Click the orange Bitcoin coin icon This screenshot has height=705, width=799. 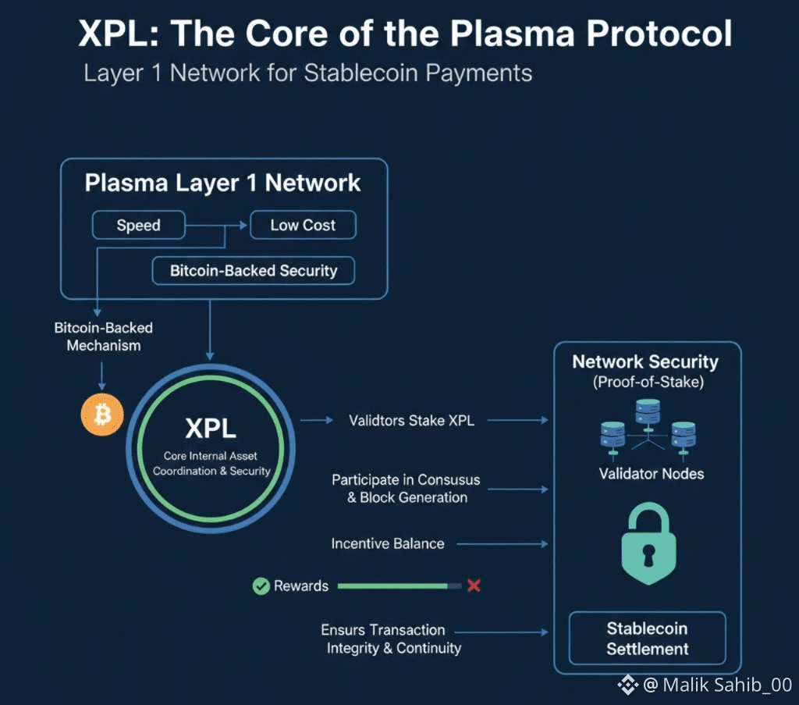coord(102,414)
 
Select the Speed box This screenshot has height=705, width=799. coord(139,226)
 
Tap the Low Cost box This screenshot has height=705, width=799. coord(303,226)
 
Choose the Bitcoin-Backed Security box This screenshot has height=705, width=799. coord(254,271)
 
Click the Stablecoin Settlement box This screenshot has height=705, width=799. coord(648,638)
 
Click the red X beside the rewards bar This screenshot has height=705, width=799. coord(473,586)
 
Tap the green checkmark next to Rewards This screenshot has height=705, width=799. coord(261,586)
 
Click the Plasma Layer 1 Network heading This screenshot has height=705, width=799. coord(223,183)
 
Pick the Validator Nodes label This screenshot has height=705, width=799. coord(651,473)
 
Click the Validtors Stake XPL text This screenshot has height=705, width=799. coord(411,420)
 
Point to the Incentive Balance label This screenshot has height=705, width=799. coord(388,543)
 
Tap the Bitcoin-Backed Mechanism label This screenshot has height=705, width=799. coord(103,336)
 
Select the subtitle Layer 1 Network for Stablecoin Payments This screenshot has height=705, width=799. coord(307,73)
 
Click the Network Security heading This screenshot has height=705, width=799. coord(645,362)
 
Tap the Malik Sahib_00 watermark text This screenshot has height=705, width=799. coord(716,685)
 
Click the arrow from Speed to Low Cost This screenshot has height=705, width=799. coord(217,226)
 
